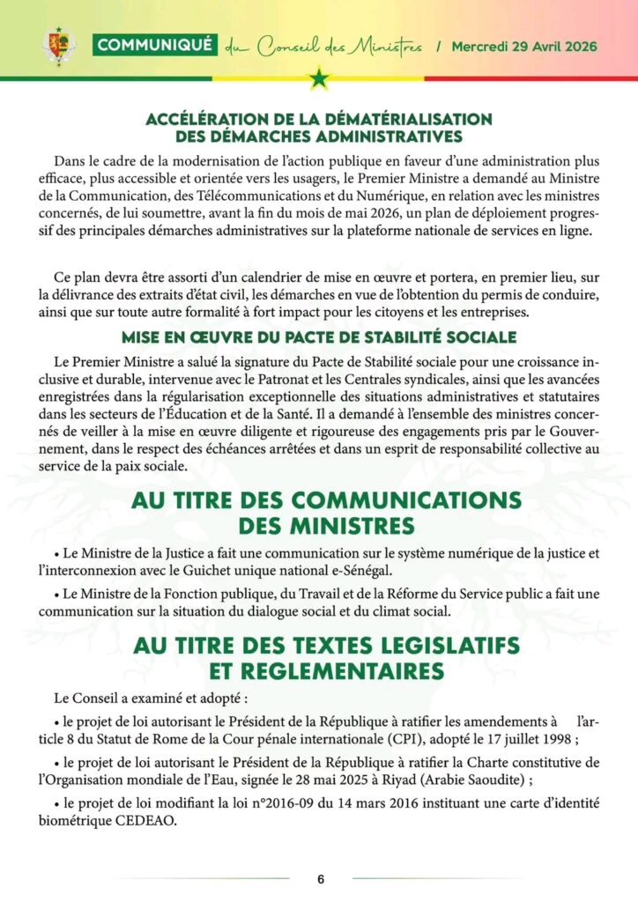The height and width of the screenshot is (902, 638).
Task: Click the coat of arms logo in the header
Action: [x=58, y=46]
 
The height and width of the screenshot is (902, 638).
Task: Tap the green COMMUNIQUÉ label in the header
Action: [x=154, y=46]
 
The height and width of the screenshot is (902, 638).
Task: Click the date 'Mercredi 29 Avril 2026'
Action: [x=524, y=46]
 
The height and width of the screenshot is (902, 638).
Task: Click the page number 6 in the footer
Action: [x=321, y=879]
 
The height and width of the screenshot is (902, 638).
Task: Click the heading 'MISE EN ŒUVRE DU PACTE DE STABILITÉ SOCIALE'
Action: [x=319, y=337]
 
